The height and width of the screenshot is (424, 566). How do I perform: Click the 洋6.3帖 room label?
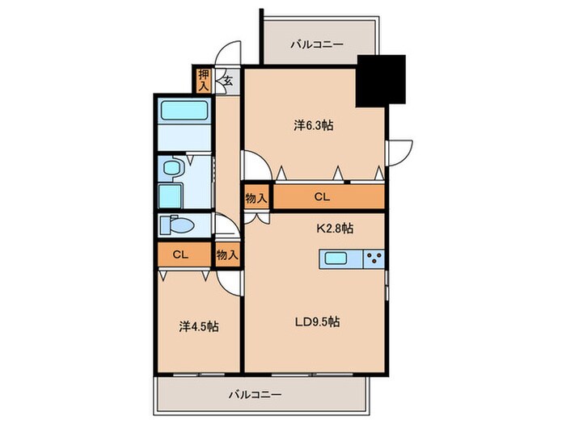(315, 126)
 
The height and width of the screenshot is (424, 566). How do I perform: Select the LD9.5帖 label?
(316, 321)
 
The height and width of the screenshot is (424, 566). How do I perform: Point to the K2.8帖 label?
(333, 229)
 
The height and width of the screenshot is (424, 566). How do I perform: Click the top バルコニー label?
(317, 45)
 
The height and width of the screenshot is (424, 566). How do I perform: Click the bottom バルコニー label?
(254, 395)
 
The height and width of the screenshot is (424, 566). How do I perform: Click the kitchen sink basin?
(336, 259)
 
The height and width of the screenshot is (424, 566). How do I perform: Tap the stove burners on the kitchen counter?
(373, 259)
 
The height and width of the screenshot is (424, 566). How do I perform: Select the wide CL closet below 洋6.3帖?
(321, 197)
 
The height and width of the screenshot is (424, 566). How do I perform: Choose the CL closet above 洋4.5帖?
(180, 254)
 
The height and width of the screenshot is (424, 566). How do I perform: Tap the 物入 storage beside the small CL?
(227, 254)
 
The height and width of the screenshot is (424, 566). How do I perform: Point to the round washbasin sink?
(171, 167)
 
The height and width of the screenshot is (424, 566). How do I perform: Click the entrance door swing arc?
(233, 50)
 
